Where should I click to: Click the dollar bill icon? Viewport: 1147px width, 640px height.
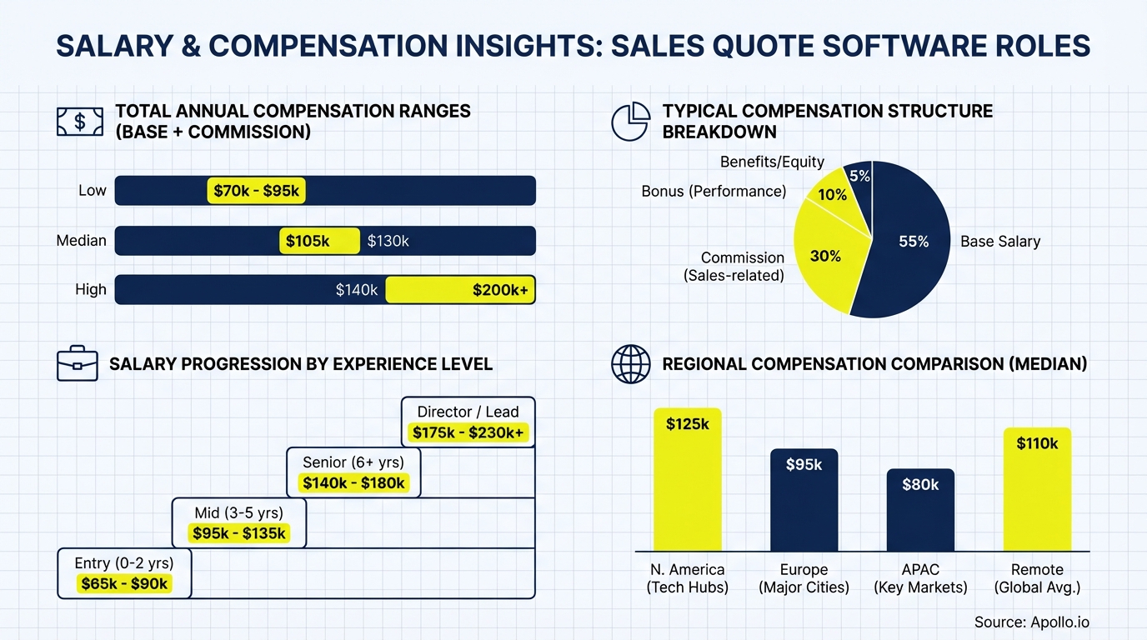click(79, 122)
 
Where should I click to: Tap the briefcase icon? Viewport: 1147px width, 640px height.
click(78, 364)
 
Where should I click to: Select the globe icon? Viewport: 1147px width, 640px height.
click(631, 364)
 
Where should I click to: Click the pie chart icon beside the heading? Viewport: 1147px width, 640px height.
click(631, 122)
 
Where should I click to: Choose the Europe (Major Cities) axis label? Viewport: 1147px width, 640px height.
click(804, 578)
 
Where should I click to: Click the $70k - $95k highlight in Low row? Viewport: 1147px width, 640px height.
click(256, 191)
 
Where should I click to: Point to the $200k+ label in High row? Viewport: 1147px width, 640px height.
click(500, 290)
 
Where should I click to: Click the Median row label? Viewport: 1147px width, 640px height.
click(81, 241)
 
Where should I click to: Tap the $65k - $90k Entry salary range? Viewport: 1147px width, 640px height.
click(124, 583)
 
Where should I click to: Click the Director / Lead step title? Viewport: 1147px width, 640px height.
click(468, 412)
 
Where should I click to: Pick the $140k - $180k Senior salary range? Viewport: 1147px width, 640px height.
click(353, 482)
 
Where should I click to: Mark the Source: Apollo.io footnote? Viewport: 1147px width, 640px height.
click(1031, 622)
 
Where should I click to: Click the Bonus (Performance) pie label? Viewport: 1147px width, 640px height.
click(714, 192)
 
